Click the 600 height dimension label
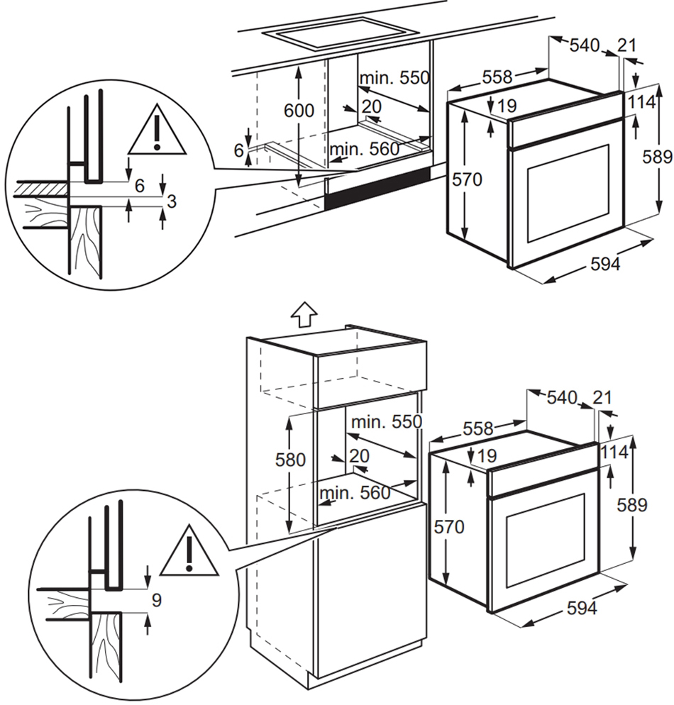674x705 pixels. click(x=299, y=110)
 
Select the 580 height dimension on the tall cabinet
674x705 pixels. click(x=290, y=460)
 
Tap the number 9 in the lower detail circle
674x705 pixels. click(x=157, y=600)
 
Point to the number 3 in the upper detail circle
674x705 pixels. click(x=171, y=201)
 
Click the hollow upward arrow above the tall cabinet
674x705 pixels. click(x=304, y=313)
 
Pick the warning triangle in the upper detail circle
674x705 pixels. click(x=157, y=131)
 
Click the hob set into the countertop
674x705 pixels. click(x=341, y=33)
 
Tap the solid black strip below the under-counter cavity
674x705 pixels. click(x=377, y=188)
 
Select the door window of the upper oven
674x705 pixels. click(x=568, y=194)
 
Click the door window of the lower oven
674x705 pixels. click(x=546, y=541)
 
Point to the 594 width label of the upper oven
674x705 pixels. click(x=605, y=264)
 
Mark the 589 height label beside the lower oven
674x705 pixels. click(x=631, y=505)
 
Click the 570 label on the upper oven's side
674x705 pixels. click(x=467, y=179)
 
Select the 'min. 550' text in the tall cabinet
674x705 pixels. click(x=386, y=422)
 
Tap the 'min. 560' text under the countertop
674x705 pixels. click(x=364, y=149)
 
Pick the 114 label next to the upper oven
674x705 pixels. click(x=641, y=102)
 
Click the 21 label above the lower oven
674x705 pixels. click(x=602, y=397)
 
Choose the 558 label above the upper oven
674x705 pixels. click(x=497, y=77)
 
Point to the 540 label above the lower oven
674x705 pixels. click(x=562, y=397)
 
